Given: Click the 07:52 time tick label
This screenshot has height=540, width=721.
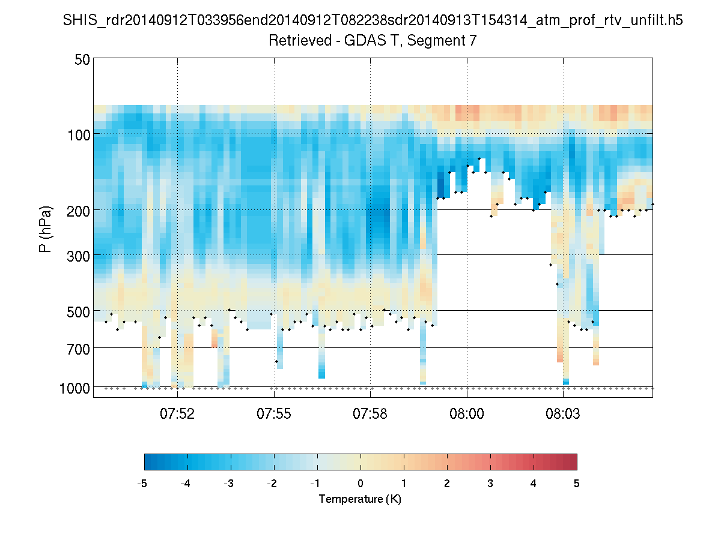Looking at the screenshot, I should [178, 413].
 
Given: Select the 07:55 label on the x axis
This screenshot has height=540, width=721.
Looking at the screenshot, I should [274, 413].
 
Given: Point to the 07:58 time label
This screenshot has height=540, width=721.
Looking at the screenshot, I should [371, 413].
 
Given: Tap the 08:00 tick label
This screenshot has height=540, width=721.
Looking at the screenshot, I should [467, 413].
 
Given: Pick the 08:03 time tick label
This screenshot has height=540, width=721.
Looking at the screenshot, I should [563, 413].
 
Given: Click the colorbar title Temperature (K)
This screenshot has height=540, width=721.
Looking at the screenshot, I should [360, 499].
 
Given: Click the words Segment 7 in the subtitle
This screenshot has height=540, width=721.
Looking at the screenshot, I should [443, 41].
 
